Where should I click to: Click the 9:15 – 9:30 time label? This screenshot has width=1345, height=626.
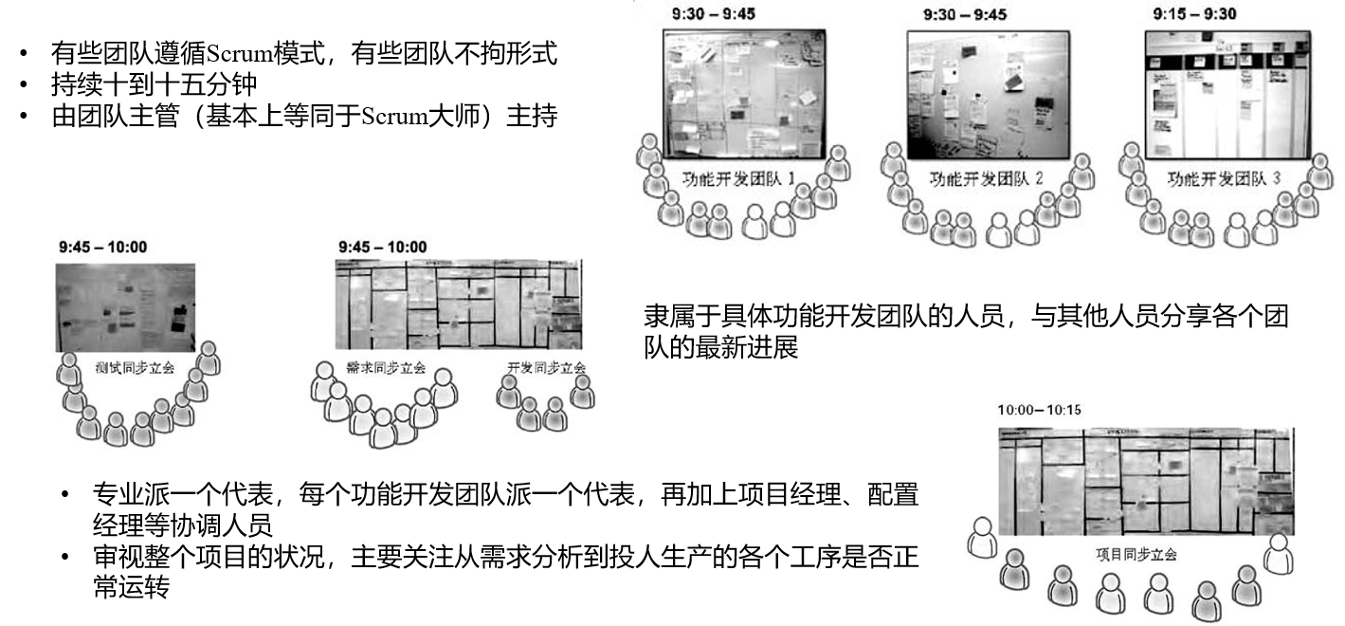coord(1193,14)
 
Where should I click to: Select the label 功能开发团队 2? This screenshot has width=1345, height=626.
coord(986,177)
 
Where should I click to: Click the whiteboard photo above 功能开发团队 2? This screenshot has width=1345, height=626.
coord(982,95)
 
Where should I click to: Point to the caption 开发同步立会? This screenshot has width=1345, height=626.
coord(546,367)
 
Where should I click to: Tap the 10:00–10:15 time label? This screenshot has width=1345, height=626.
coord(1039,411)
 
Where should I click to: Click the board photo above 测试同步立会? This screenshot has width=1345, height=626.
coord(125,306)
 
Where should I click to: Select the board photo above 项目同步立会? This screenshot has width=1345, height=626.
coord(1146,482)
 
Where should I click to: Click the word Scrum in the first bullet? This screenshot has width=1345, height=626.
coord(233,53)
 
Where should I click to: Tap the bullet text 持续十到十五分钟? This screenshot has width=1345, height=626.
coord(154,84)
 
